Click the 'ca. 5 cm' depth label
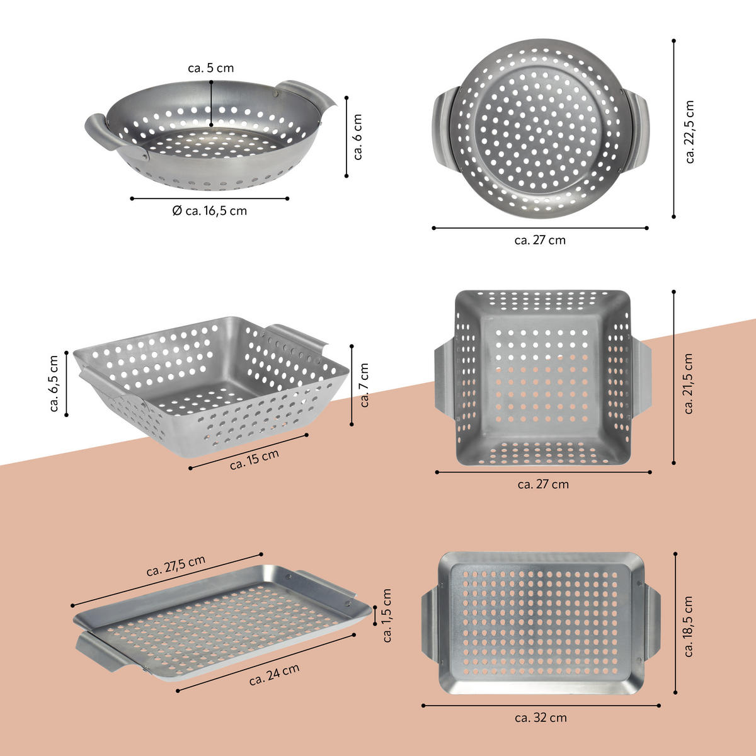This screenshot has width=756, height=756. (210, 68)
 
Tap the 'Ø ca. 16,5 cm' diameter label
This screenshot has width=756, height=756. (210, 211)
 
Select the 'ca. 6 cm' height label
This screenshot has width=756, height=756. (357, 137)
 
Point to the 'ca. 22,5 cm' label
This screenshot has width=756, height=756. (690, 132)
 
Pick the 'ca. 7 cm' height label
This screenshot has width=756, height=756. (364, 385)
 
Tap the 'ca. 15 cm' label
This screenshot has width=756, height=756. (255, 459)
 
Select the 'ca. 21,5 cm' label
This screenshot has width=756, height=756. (689, 383)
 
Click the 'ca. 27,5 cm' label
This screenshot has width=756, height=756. (176, 565)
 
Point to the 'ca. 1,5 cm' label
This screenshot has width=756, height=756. (387, 615)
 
